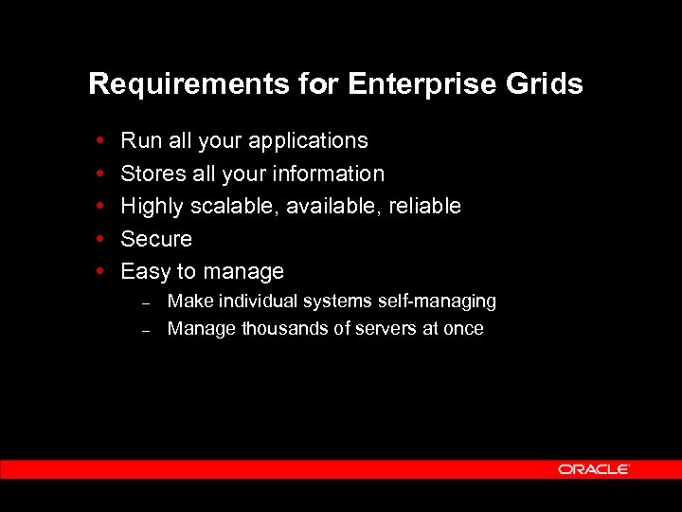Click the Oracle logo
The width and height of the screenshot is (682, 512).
click(x=593, y=469)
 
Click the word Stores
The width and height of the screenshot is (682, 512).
click(x=153, y=174)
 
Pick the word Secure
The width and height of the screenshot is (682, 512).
click(x=156, y=239)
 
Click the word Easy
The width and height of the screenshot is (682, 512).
click(x=145, y=272)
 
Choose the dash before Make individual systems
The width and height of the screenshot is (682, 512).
click(x=147, y=303)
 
